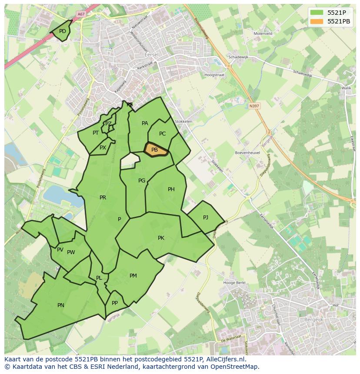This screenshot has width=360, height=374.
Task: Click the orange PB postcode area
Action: [156, 150]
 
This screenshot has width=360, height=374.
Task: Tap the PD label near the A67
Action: [63, 31]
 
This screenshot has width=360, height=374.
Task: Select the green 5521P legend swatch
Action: [317, 13]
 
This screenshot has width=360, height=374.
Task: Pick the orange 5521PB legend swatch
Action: [317, 21]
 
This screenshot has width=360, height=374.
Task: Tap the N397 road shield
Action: [254, 106]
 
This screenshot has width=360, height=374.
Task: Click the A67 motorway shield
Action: [81, 14]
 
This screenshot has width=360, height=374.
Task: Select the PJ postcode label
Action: [206, 218]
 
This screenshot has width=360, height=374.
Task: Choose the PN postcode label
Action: [61, 305]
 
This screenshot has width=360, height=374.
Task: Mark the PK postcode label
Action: [161, 238]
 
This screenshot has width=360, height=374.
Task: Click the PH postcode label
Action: [171, 189]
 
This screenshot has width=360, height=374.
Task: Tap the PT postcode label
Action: [96, 133]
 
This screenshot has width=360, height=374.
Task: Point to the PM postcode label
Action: [133, 276]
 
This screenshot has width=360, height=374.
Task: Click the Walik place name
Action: [346, 88]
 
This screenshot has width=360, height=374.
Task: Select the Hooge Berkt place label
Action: [234, 283]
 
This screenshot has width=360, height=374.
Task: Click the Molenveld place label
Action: [263, 33]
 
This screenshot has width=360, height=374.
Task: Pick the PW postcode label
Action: [71, 252]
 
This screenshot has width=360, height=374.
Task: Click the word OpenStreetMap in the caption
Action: [235, 367]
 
